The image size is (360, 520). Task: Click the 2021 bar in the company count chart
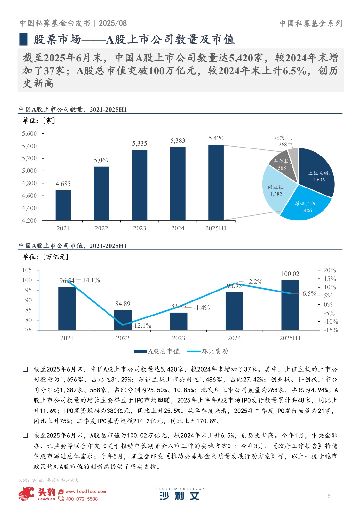click(63, 205)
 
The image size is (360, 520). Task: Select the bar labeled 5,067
click(101, 193)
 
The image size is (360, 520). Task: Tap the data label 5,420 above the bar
click(216, 138)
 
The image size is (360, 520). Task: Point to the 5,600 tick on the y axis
click(29, 134)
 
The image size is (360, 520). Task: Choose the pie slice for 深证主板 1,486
click(306, 205)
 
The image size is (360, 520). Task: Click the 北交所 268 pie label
click(283, 141)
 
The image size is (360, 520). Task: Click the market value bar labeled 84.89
click(123, 320)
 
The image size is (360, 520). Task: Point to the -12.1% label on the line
click(142, 326)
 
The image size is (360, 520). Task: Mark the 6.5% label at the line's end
click(309, 294)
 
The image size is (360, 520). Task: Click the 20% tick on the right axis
click(330, 270)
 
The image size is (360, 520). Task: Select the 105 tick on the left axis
click(27, 270)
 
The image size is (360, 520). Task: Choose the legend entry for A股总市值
click(157, 351)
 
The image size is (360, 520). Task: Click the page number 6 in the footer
click(329, 496)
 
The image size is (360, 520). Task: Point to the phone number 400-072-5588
click(81, 499)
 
